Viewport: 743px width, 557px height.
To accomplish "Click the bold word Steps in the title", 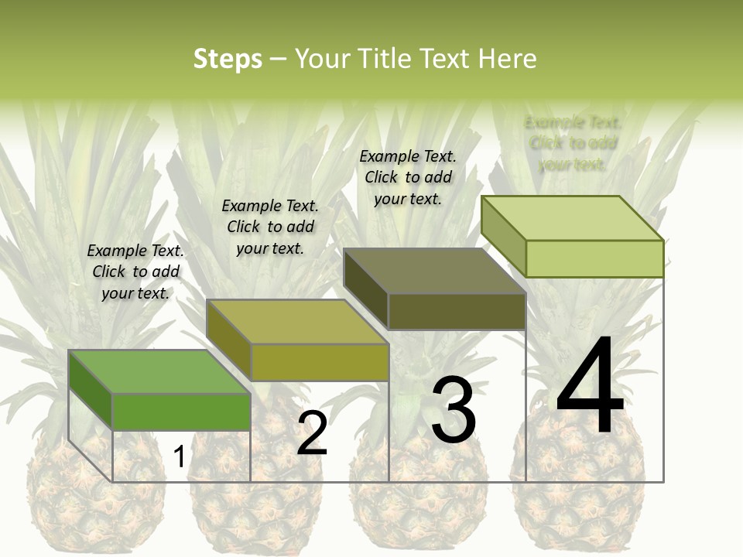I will [x=227, y=59].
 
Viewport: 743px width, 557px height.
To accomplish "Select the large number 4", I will [x=590, y=387].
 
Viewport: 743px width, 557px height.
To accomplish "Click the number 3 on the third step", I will [x=453, y=410].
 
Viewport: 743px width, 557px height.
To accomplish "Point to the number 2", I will [x=312, y=433].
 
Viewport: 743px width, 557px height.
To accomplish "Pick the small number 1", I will [x=179, y=456].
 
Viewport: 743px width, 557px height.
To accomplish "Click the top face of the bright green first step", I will [x=159, y=372].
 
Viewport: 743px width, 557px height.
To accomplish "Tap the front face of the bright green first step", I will [x=181, y=412].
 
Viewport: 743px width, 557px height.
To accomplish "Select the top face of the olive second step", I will [x=297, y=322].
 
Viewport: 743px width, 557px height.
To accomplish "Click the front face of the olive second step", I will [x=320, y=362].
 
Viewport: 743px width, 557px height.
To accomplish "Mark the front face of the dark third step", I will [x=457, y=311].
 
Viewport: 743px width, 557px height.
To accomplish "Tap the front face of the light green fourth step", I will [x=594, y=258].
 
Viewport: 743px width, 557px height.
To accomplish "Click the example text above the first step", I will [x=135, y=272].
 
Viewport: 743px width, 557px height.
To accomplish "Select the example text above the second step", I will [x=270, y=227].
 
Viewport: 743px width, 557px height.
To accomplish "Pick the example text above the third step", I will [x=408, y=177].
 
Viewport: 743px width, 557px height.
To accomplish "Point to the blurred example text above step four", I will [x=573, y=143].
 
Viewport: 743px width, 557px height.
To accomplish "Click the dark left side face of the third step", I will [x=365, y=288].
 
